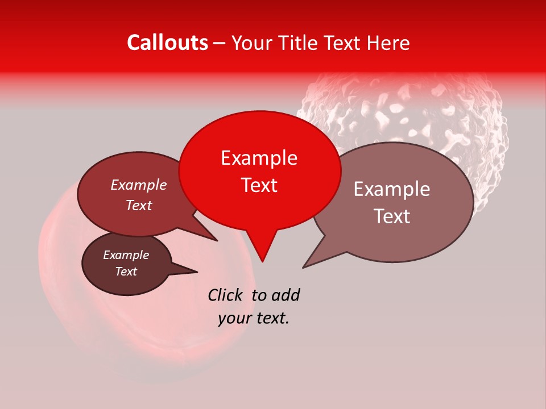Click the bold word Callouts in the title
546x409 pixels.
point(167,43)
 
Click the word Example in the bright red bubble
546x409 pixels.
point(259,158)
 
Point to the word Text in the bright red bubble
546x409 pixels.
point(259,185)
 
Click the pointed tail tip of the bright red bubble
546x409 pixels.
point(262,261)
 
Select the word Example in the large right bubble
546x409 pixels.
point(392,189)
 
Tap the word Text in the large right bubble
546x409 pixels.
point(392,216)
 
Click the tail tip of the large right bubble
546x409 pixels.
point(303,268)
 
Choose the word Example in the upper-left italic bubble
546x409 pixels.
point(138,185)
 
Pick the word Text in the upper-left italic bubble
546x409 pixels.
point(138,206)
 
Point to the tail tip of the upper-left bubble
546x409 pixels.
point(217,240)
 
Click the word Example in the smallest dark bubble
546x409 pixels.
point(126,255)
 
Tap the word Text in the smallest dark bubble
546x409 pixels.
point(126,272)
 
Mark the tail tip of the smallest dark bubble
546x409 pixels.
point(197,272)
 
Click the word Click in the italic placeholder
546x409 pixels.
point(226,295)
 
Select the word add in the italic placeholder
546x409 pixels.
point(286,295)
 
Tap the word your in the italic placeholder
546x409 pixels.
point(234,319)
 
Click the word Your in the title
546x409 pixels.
point(252,43)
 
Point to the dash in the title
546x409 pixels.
point(220,43)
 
